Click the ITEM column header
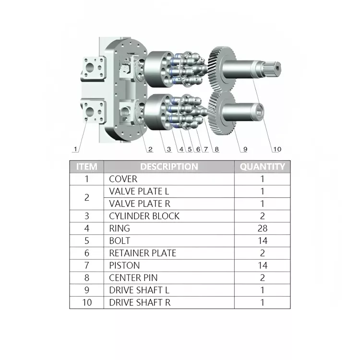(86, 167)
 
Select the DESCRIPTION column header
(169, 167)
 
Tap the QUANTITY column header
(262, 167)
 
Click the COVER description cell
(123, 179)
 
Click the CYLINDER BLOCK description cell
(144, 216)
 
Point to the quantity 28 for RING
(262, 228)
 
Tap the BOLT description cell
(120, 240)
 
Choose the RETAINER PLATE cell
(143, 253)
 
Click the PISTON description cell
(124, 265)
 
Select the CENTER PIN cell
(133, 277)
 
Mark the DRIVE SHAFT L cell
(139, 290)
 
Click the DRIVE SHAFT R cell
(139, 302)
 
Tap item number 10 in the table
(86, 302)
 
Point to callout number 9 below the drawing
(245, 149)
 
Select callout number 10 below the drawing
(277, 149)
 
